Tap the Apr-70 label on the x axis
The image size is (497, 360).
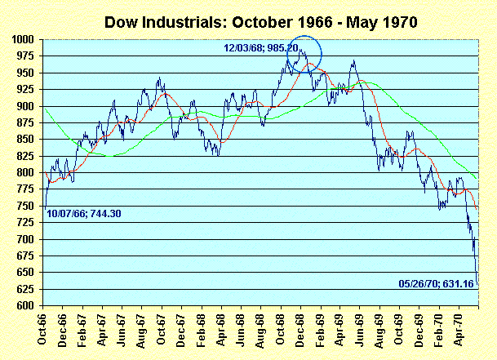(461, 331)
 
